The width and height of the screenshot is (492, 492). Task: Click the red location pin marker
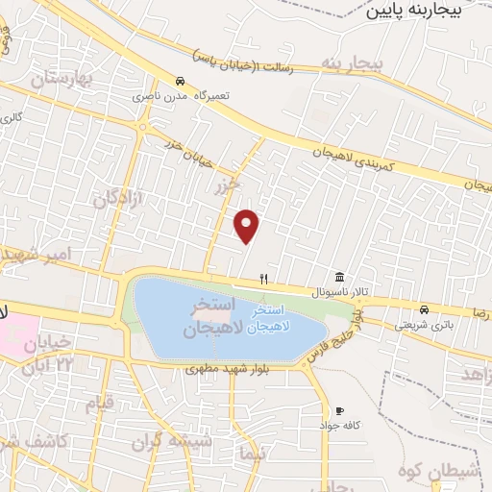(x=248, y=225)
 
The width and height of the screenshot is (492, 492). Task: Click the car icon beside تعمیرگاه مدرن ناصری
(x=181, y=81)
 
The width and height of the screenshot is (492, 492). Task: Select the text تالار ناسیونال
(x=338, y=291)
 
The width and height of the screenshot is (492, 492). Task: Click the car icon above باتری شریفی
(x=424, y=309)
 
